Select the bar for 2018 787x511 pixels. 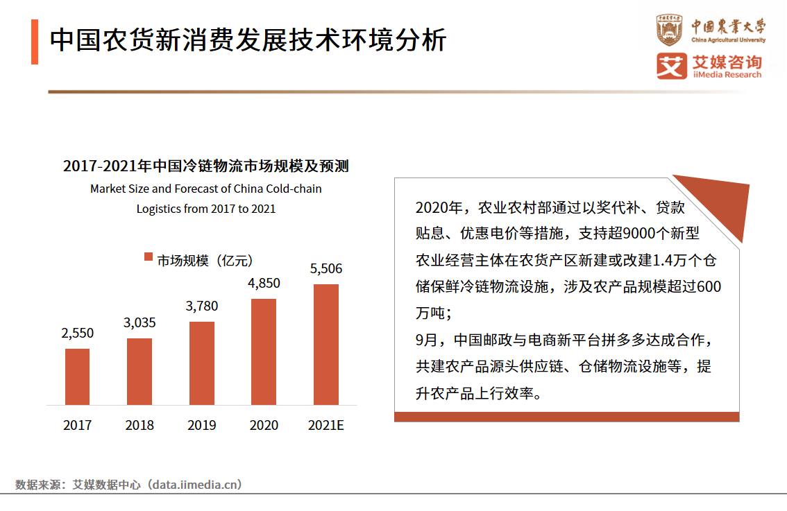[139, 372]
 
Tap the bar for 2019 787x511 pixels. [202, 363]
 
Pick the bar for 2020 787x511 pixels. [264, 352]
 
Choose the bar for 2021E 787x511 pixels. [326, 345]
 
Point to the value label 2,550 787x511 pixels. [77, 334]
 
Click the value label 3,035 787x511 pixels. [139, 322]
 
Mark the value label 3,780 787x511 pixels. [202, 306]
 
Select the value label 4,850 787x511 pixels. [264, 283]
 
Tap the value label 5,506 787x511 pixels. [326, 269]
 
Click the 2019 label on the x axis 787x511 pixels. [202, 425]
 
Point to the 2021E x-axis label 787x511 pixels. [326, 425]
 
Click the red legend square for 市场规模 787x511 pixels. [148, 257]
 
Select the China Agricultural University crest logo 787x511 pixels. [670, 30]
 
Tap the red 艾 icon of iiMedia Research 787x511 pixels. [670, 66]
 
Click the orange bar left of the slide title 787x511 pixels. [35, 42]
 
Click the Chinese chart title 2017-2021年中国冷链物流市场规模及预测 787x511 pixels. [205, 166]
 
